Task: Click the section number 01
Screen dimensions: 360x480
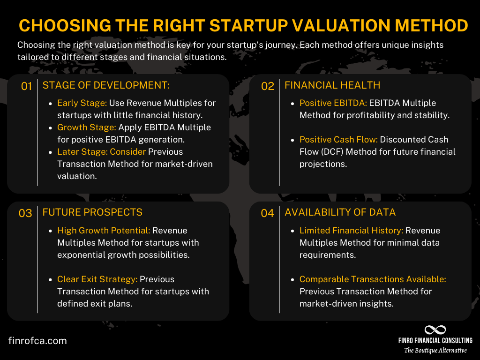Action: point(26,86)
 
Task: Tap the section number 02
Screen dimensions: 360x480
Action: point(268,86)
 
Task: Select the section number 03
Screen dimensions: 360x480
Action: point(25,213)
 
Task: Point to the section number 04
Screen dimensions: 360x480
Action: point(268,213)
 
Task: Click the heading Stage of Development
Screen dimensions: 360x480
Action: point(106,85)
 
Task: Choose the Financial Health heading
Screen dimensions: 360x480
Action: point(332,85)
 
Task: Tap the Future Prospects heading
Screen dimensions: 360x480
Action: point(92,212)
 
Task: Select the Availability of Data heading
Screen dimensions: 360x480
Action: point(340,212)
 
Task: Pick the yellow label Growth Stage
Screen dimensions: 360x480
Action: point(87,127)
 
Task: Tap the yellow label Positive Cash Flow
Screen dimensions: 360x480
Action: point(338,140)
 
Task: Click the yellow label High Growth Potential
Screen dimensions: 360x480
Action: point(104,231)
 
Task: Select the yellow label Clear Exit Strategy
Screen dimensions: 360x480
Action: point(97,279)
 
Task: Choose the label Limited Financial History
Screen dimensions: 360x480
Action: point(351,231)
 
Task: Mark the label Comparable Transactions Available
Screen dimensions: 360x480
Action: point(373,279)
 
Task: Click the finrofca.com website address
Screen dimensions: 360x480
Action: point(37,341)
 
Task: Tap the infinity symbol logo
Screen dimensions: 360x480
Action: point(435,330)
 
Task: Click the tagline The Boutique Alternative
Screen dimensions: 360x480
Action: point(435,351)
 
